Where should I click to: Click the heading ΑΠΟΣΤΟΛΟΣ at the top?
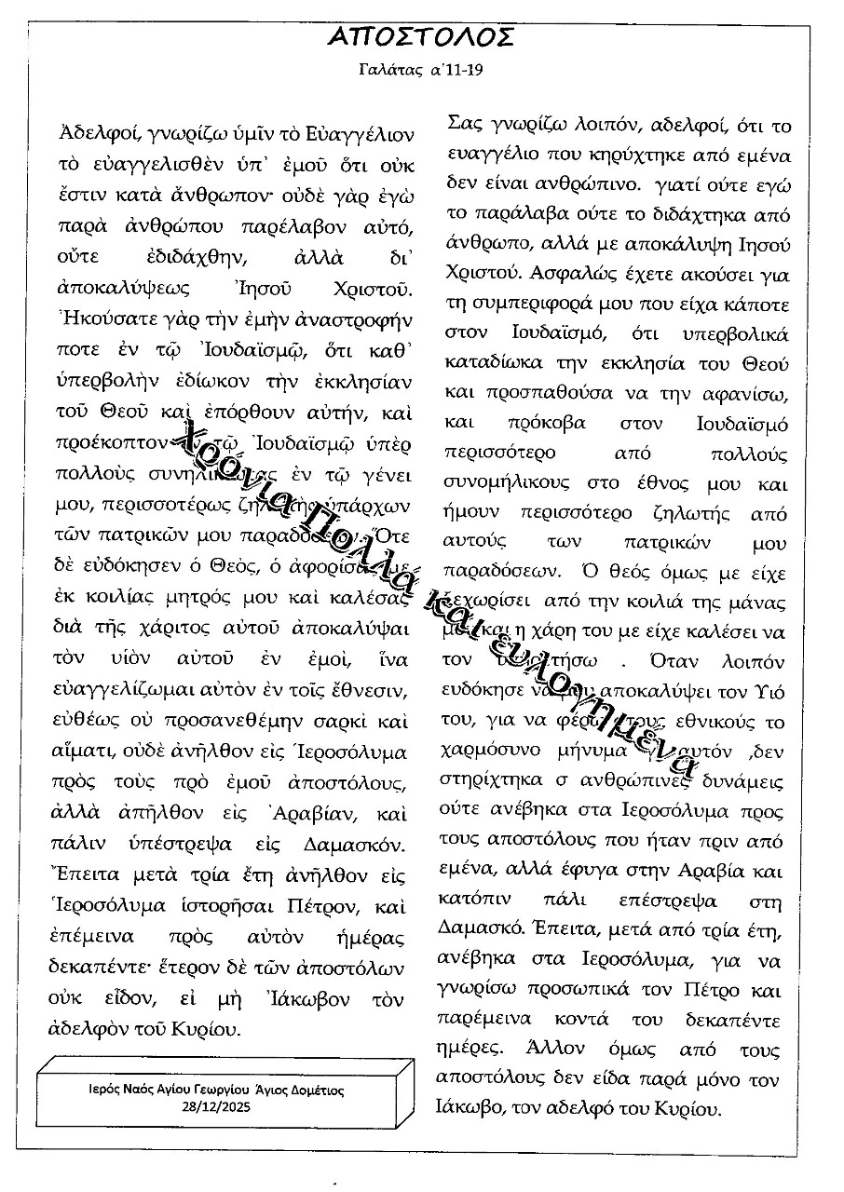tap(422, 36)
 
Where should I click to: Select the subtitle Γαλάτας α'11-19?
tap(421, 70)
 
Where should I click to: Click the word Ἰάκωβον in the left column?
tap(298, 1000)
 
